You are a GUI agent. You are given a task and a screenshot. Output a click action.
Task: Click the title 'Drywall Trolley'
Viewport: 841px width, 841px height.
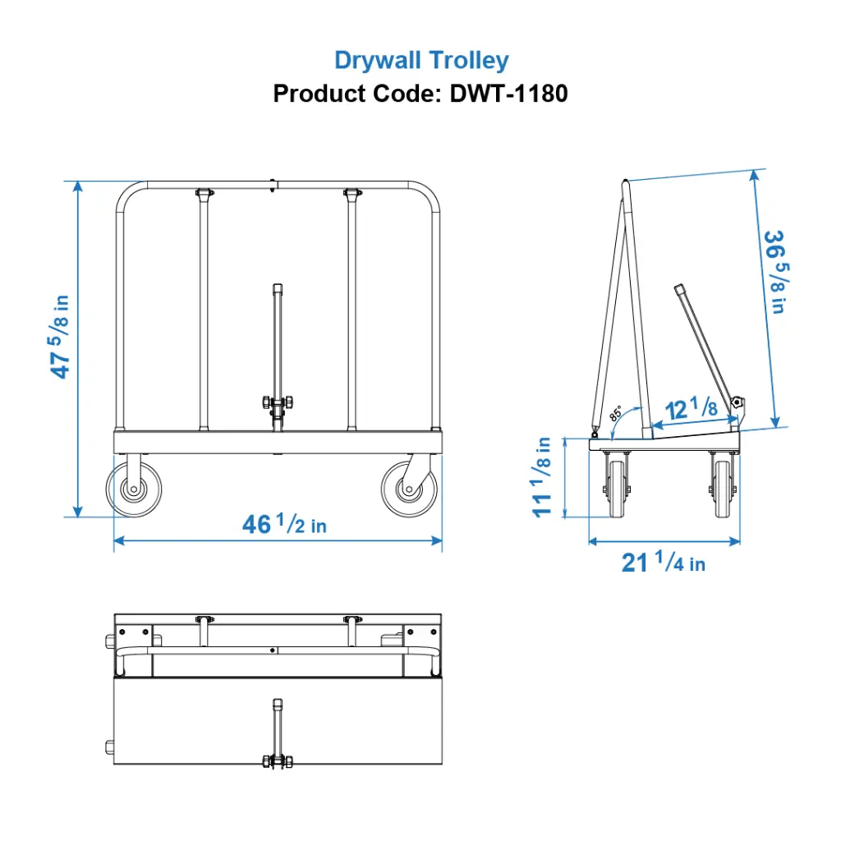point(421,60)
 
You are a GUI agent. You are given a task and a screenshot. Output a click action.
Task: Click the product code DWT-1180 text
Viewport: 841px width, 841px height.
point(420,94)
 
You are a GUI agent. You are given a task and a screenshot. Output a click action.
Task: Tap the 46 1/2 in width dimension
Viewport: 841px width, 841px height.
point(284,524)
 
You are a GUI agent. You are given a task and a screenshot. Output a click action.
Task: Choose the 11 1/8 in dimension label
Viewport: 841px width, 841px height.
point(543,476)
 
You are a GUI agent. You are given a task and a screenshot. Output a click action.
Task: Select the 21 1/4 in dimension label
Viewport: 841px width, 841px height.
point(663,563)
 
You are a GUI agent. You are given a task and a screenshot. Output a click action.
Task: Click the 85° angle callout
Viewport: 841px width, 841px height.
point(616,413)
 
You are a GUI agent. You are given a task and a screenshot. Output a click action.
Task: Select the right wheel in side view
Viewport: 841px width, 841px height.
point(722,488)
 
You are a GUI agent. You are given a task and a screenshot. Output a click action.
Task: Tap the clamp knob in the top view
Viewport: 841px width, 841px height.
point(278,761)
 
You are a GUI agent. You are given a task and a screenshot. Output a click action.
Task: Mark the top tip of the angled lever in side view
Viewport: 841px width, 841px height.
point(678,288)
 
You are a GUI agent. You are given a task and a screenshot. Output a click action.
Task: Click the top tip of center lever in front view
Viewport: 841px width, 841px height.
point(278,287)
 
